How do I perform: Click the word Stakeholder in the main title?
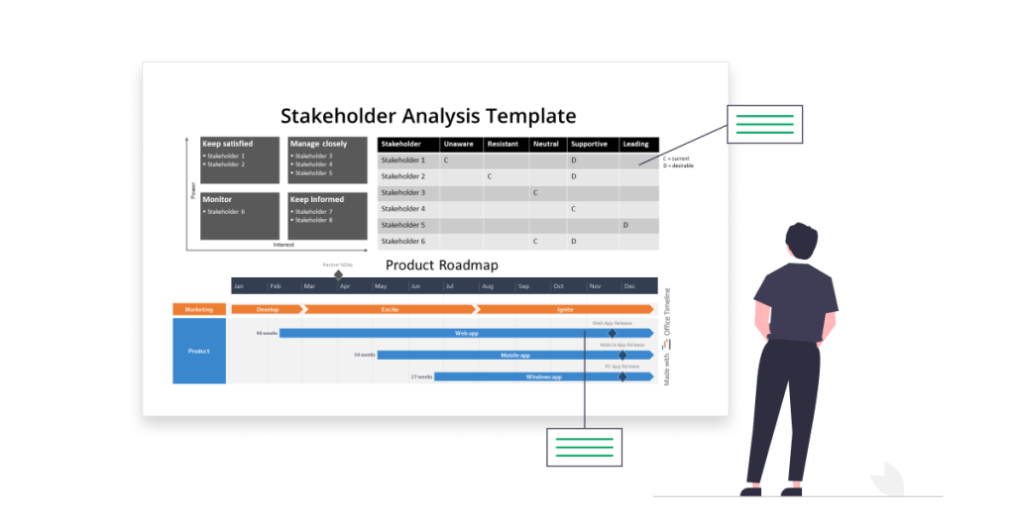337,116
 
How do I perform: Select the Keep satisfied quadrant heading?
227,144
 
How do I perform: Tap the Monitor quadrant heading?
217,199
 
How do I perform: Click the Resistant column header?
503,145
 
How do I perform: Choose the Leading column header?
635,145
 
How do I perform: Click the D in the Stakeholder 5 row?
625,225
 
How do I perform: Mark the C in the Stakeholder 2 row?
490,176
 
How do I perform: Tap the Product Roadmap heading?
441,265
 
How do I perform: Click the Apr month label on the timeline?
345,286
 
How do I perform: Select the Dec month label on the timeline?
629,286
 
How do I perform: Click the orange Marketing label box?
198,309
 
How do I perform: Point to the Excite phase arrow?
391,309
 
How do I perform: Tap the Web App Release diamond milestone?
612,333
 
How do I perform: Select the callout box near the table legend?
764,124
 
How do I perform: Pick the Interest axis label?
283,245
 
